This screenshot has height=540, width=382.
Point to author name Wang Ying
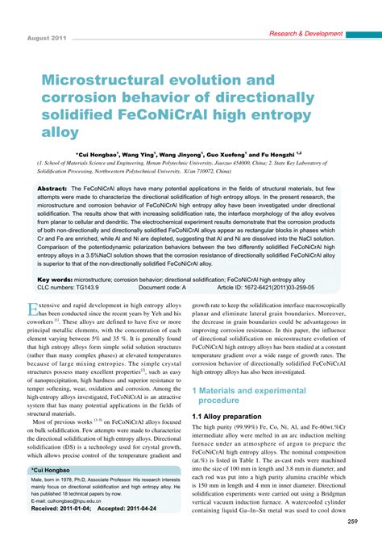point(153,154)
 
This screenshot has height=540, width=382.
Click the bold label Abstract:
point(52,187)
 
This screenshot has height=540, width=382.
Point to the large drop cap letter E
point(33,309)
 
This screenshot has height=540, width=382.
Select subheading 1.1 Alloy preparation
point(229,416)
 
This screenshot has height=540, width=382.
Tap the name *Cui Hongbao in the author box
point(48,468)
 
